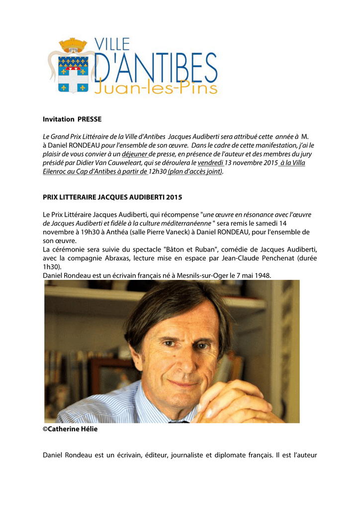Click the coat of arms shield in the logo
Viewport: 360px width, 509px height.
coord(73,74)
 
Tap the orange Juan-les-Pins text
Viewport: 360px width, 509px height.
coord(156,87)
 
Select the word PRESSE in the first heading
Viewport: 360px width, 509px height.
coord(90,119)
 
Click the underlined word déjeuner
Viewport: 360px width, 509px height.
coord(134,154)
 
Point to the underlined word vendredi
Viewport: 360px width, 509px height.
coord(211,163)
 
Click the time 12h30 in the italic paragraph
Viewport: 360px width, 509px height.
coord(158,172)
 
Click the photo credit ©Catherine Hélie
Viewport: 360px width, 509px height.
coord(70,429)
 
